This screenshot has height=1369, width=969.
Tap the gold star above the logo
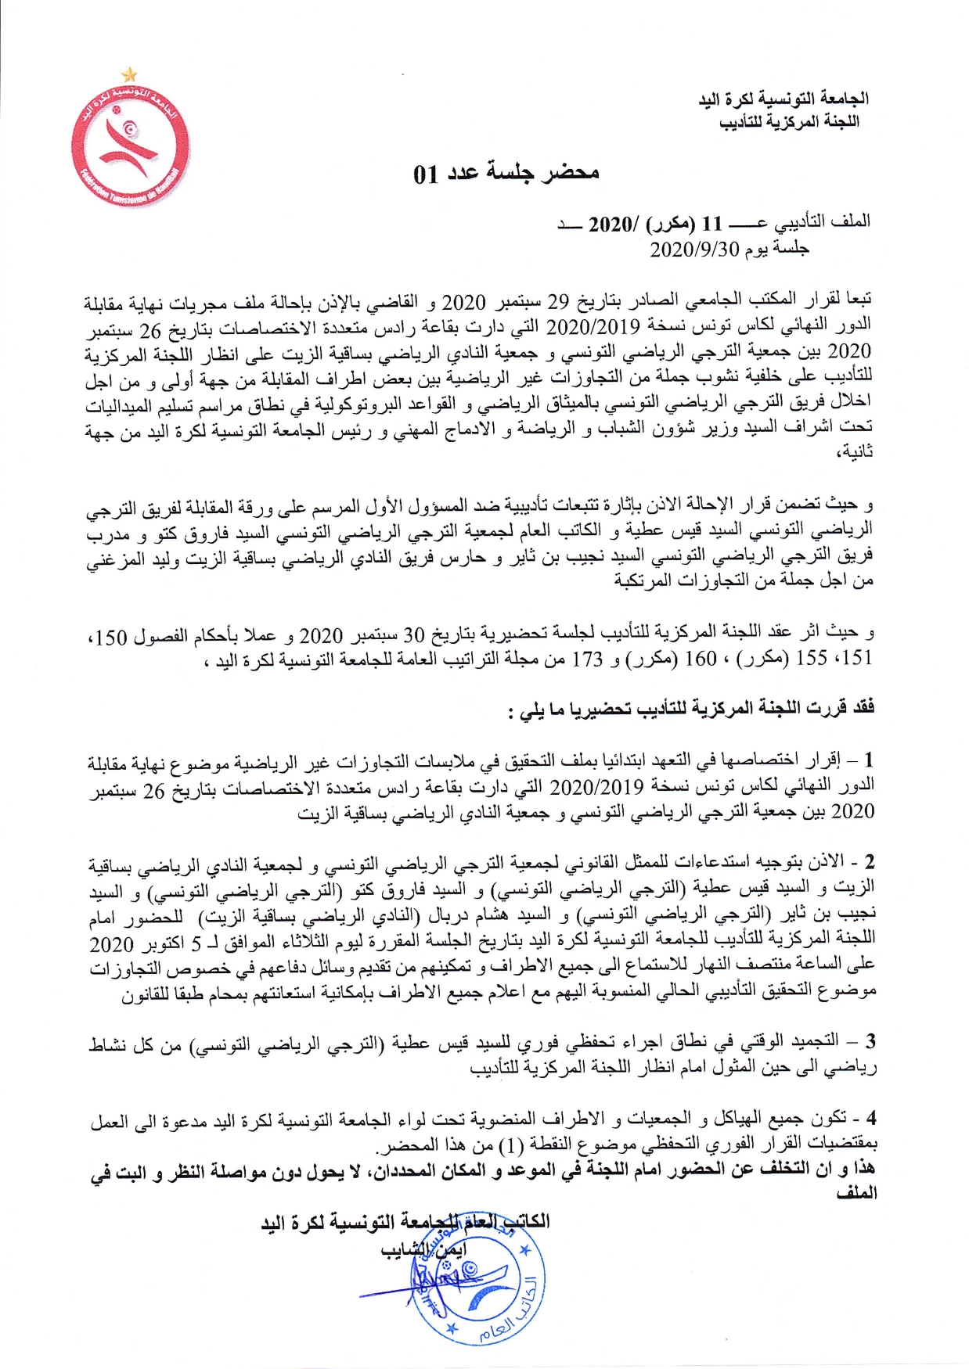(x=129, y=74)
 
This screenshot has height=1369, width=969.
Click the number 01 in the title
(x=427, y=174)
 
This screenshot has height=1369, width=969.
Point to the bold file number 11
(x=711, y=223)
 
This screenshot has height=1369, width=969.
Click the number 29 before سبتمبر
(x=557, y=300)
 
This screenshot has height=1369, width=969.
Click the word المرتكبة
(x=644, y=582)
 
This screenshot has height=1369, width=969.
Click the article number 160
(x=698, y=659)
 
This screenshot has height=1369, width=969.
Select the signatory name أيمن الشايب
(x=425, y=1250)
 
